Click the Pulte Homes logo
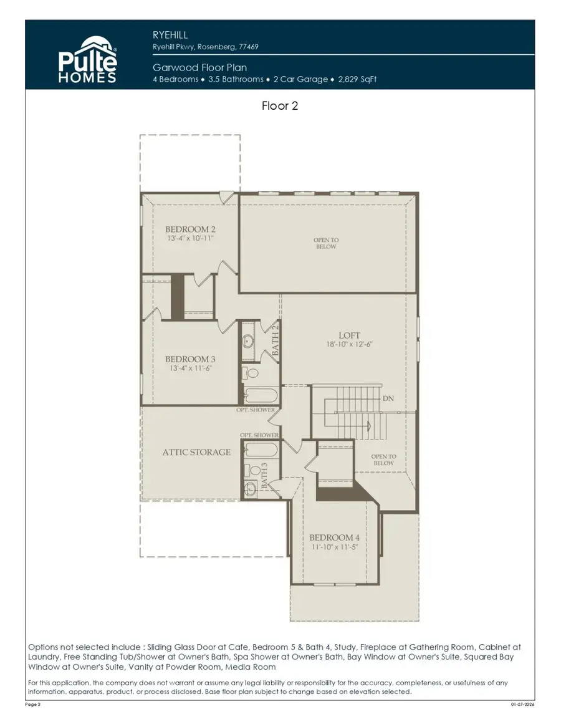[x=88, y=60]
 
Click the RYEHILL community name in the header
[x=170, y=36]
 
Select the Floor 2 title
[x=280, y=106]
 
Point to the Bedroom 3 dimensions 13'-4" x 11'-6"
[x=190, y=368]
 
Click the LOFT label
[x=349, y=335]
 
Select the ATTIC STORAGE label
[x=196, y=452]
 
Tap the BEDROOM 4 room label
[x=334, y=538]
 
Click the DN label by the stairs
[x=388, y=398]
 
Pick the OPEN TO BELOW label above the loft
[x=325, y=243]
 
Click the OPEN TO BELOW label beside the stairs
[x=383, y=460]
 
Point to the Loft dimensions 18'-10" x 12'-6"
[x=349, y=344]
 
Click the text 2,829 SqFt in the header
[x=357, y=79]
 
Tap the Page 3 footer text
[x=33, y=703]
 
